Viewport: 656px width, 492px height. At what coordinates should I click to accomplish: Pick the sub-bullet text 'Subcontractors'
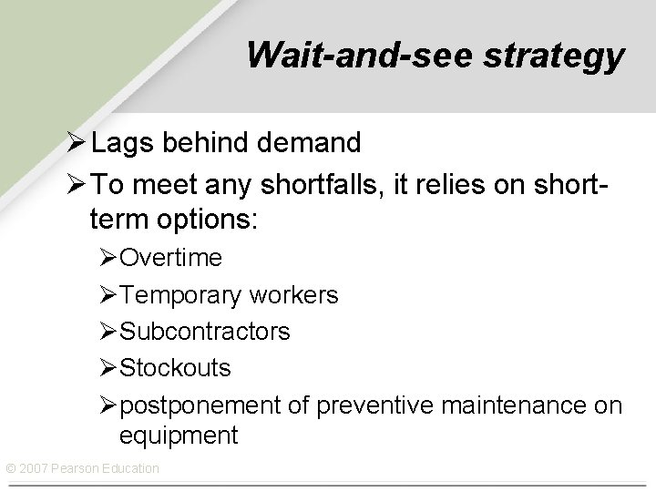tap(205, 332)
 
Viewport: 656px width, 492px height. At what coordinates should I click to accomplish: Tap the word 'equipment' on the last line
tap(179, 436)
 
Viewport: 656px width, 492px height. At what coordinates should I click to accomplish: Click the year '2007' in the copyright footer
tap(35, 468)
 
